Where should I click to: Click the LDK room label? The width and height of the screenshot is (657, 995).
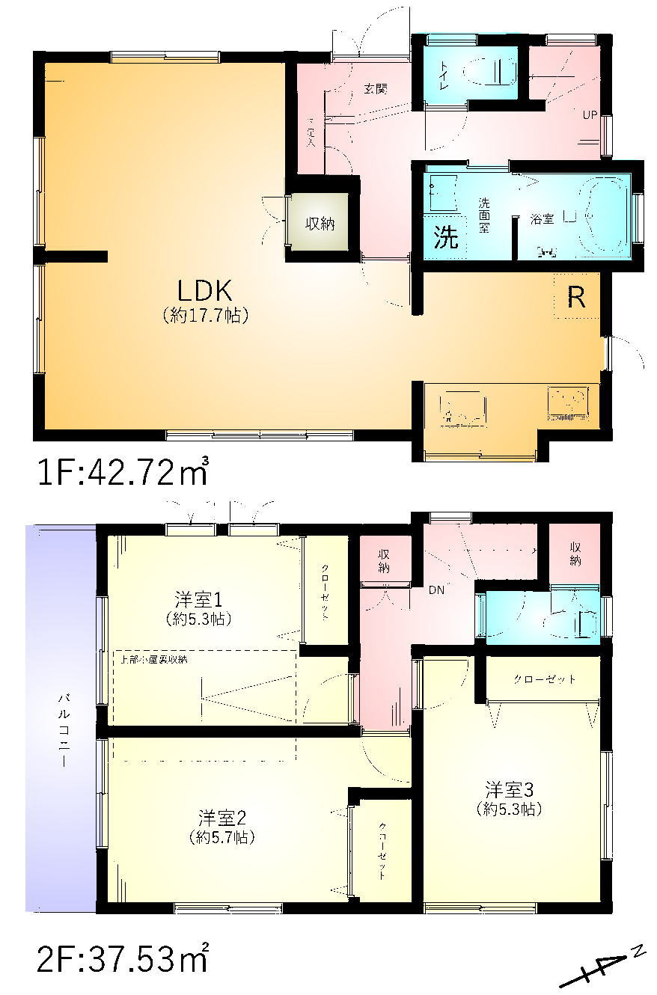[x=206, y=289]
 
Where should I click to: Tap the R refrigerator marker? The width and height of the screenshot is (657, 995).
[x=575, y=298]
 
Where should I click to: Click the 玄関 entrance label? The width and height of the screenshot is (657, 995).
[x=376, y=88]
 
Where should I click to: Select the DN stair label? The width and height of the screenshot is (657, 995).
[x=436, y=590]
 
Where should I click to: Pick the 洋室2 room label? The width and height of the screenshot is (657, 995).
[x=221, y=816]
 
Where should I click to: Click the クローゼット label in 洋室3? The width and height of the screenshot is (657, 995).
[x=544, y=679]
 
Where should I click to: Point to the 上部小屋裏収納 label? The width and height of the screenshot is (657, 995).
[x=155, y=660]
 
